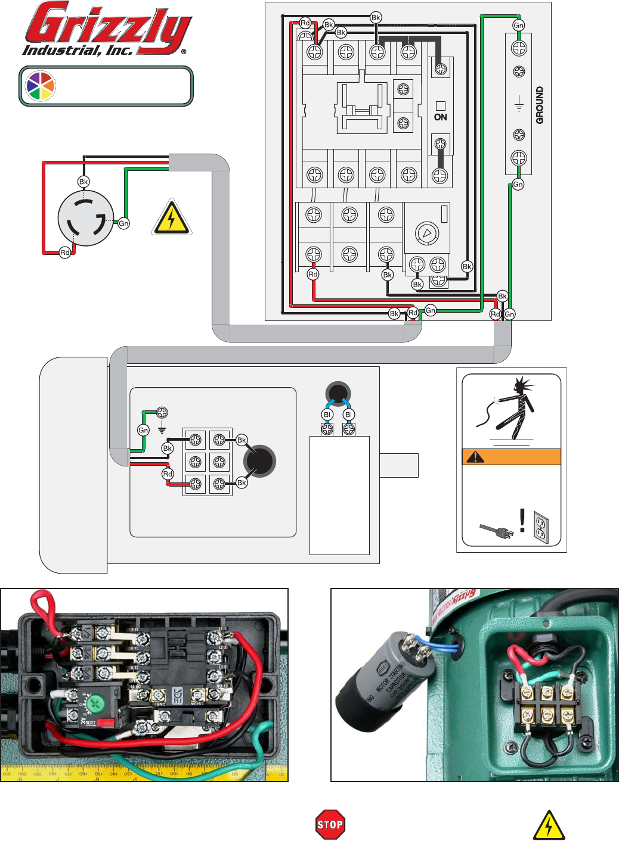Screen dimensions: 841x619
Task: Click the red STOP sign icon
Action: tap(330, 824)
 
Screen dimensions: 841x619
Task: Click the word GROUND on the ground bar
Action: tap(540, 105)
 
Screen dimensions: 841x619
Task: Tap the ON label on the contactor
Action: tap(441, 117)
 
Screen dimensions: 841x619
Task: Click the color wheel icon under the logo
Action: tap(40, 86)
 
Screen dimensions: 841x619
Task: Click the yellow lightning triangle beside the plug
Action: tap(171, 217)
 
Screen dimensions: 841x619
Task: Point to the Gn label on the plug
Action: tap(123, 223)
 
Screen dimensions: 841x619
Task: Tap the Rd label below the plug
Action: tap(65, 253)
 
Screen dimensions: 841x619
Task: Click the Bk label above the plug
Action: tap(83, 182)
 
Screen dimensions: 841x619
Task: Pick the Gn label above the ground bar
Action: tap(518, 25)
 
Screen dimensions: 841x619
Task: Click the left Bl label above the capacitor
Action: tap(327, 415)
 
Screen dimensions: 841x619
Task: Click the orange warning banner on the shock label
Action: tap(511, 457)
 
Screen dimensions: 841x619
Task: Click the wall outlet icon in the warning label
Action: tap(540, 527)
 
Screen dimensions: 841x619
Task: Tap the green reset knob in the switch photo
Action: tap(94, 703)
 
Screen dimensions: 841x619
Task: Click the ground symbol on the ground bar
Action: tap(519, 105)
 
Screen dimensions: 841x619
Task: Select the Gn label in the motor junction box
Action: tap(143, 430)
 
